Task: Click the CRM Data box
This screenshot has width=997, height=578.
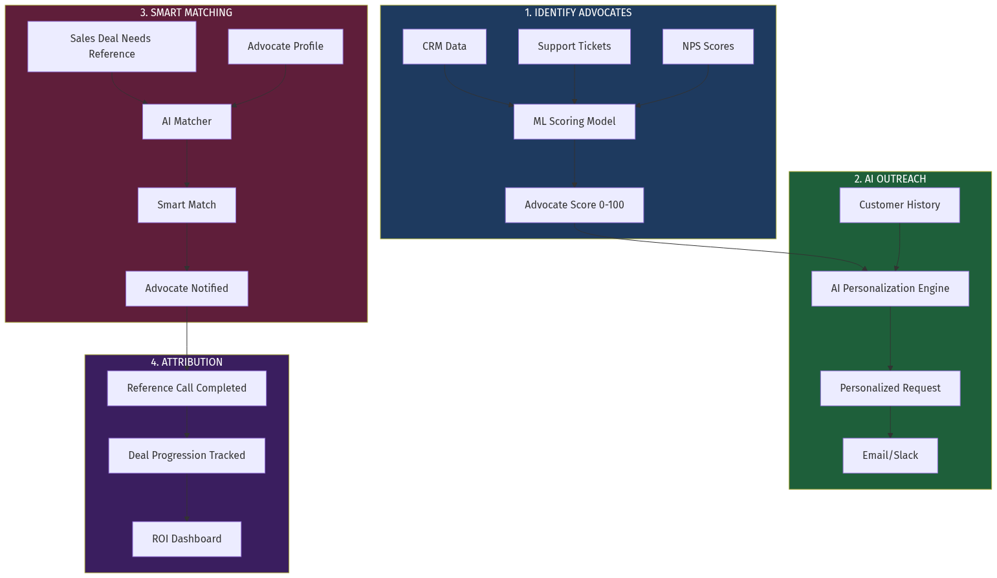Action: pyautogui.click(x=444, y=47)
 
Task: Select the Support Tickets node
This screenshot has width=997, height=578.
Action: pyautogui.click(x=574, y=47)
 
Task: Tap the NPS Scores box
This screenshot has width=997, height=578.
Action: pyautogui.click(x=708, y=47)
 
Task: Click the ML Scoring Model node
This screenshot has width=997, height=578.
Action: pyautogui.click(x=574, y=122)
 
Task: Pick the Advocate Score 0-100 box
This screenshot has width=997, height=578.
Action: pyautogui.click(x=574, y=205)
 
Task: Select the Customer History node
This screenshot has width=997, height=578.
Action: pyautogui.click(x=899, y=205)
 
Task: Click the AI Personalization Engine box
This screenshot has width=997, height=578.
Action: pyautogui.click(x=890, y=289)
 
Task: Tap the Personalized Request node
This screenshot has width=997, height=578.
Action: pyautogui.click(x=890, y=388)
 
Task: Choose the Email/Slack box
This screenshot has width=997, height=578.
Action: pyautogui.click(x=890, y=456)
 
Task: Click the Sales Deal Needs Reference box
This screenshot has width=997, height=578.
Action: pyautogui.click(x=111, y=47)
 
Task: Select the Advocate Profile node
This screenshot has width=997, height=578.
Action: pyautogui.click(x=285, y=47)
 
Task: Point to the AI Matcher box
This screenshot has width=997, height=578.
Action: pyautogui.click(x=186, y=122)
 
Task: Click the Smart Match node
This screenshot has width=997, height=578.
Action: pyautogui.click(x=186, y=205)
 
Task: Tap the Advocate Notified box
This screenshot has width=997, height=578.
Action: pyautogui.click(x=186, y=289)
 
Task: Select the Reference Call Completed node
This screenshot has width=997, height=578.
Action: pyautogui.click(x=186, y=388)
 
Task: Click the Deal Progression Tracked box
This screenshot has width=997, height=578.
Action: pyautogui.click(x=186, y=456)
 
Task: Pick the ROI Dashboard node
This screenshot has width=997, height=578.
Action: pyautogui.click(x=186, y=539)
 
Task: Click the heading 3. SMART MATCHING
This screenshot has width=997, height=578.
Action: pyautogui.click(x=186, y=13)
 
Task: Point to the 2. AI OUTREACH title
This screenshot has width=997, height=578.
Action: pyautogui.click(x=890, y=179)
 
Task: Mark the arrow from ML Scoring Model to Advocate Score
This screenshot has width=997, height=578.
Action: pyautogui.click(x=574, y=163)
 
